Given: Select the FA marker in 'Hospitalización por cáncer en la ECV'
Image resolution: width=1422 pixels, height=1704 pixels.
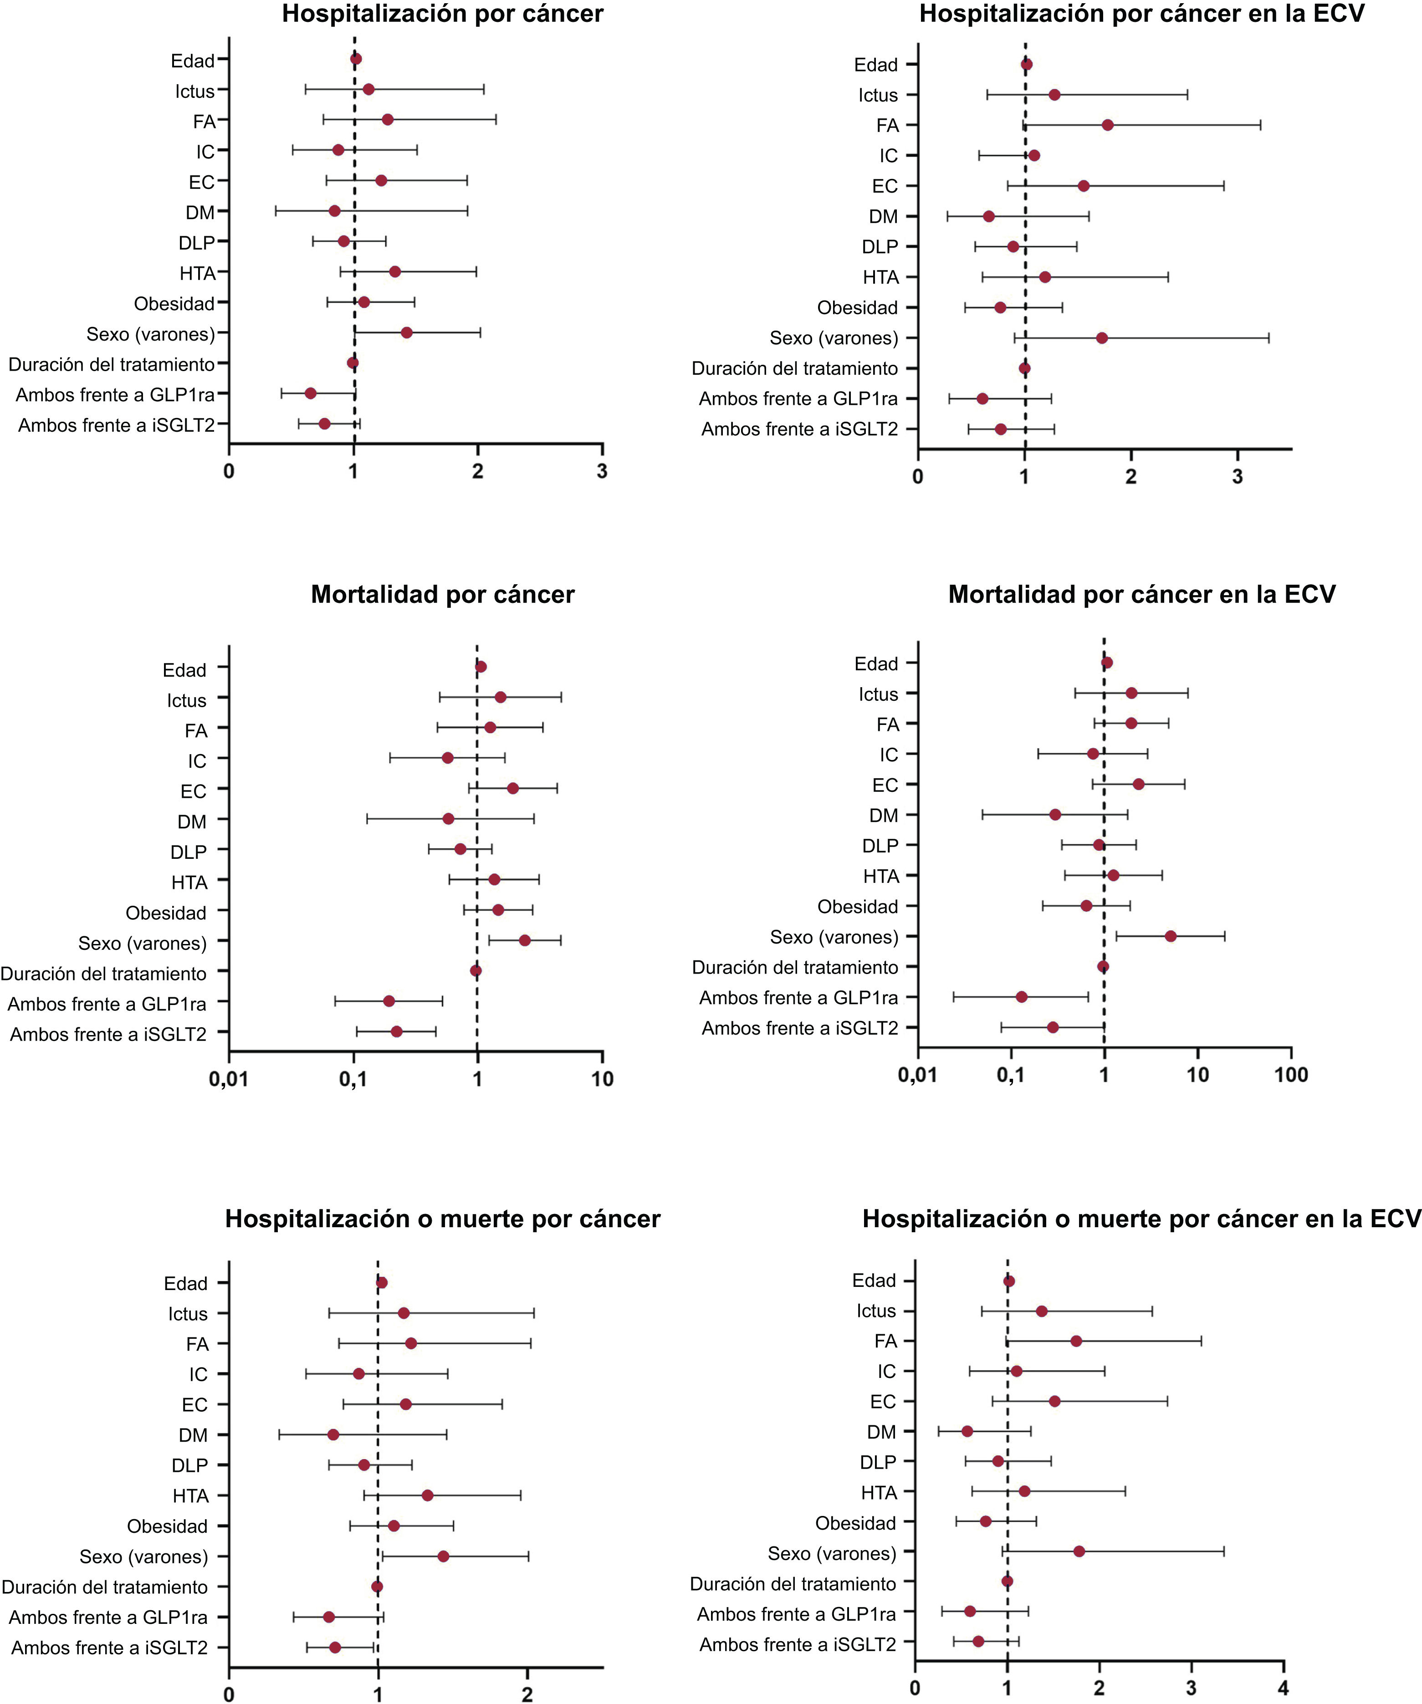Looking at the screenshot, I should [1107, 125].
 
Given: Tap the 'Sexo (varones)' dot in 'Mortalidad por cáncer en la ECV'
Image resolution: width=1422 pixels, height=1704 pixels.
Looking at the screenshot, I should [1171, 936].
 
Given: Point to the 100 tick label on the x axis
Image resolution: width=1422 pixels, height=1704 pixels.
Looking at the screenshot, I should [1290, 1075].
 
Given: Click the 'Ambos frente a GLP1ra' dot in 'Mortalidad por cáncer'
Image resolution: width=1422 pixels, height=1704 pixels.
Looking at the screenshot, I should [389, 1001].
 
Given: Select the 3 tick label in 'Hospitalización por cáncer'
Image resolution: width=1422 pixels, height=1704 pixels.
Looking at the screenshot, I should [601, 471].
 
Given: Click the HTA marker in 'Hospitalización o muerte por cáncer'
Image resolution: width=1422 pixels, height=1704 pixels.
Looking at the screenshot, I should [428, 1495].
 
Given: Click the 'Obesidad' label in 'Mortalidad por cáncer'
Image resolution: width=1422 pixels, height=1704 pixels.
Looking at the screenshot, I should [166, 913].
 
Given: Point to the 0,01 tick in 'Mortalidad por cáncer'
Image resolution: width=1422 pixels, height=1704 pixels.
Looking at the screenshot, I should [229, 1079].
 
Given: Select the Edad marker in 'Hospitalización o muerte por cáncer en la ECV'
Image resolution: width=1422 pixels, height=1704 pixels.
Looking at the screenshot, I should [1009, 1281].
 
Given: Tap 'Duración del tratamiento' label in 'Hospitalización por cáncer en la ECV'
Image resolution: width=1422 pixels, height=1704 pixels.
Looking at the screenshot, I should [795, 368].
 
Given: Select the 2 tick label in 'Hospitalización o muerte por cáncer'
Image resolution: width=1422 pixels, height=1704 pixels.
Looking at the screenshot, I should [527, 1694].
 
